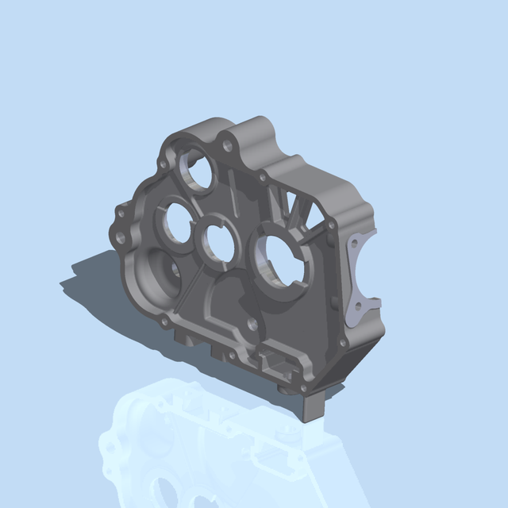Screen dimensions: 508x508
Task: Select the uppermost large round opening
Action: (197, 168)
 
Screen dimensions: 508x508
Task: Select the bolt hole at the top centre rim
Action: (229, 146)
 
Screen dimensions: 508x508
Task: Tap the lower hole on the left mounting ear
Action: (120, 238)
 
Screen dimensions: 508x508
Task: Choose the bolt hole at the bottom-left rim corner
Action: (164, 321)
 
